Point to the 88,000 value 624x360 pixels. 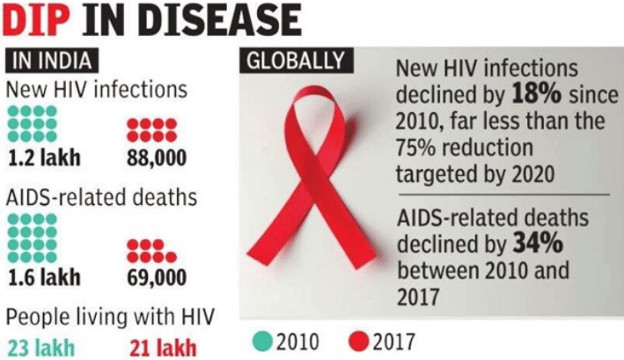pyautogui.click(x=150, y=158)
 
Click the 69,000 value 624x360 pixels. pyautogui.click(x=150, y=278)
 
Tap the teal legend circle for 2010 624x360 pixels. pyautogui.click(x=264, y=339)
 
